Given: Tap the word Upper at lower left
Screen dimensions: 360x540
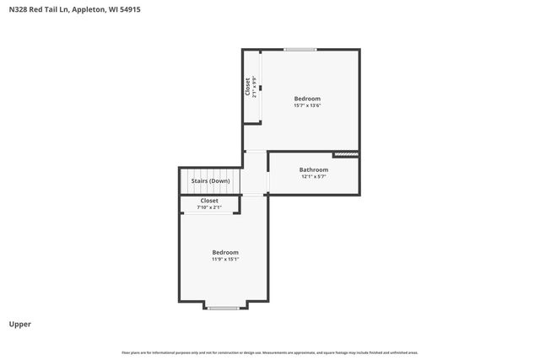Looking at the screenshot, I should click(x=20, y=324).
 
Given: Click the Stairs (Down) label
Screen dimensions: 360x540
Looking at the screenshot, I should click(x=210, y=180).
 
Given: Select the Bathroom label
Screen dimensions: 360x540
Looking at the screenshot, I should click(x=313, y=169).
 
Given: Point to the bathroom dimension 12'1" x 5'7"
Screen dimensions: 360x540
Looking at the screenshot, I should click(x=313, y=177).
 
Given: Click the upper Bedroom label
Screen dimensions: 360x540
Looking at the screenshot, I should click(x=307, y=99).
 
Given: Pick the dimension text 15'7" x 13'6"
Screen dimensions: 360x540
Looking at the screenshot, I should click(x=307, y=105).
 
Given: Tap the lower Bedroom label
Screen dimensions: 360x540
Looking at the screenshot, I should click(x=224, y=252).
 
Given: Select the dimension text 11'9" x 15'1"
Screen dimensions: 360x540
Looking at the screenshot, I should click(x=224, y=259).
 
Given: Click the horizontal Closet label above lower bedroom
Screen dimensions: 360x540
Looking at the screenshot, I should click(x=209, y=201).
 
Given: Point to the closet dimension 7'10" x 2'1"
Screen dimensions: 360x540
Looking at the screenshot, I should click(x=209, y=207).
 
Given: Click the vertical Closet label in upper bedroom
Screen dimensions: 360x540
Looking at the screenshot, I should click(x=248, y=87).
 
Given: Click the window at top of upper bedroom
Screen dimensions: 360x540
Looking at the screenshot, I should click(x=300, y=50).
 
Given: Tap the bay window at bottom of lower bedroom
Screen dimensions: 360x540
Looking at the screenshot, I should click(x=224, y=308).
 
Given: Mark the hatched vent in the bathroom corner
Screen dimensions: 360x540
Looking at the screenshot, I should click(x=346, y=154).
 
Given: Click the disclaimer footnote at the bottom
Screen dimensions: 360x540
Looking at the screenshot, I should click(x=270, y=352).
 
